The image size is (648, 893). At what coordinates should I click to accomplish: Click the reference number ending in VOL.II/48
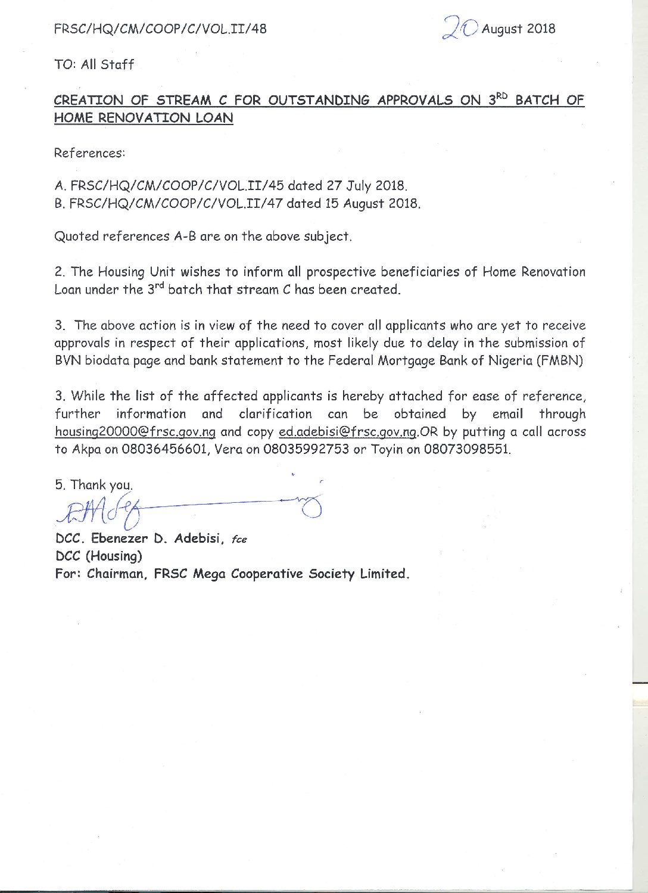(160, 29)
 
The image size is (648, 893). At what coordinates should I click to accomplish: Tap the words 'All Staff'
(107, 64)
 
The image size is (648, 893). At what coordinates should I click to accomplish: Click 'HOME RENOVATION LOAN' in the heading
(144, 118)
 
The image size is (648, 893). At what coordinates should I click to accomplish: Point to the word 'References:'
(89, 153)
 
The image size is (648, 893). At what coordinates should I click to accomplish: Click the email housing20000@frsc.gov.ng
(135, 432)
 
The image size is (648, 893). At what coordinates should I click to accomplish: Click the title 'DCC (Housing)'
(98, 556)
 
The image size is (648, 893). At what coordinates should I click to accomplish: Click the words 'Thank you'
(101, 485)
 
